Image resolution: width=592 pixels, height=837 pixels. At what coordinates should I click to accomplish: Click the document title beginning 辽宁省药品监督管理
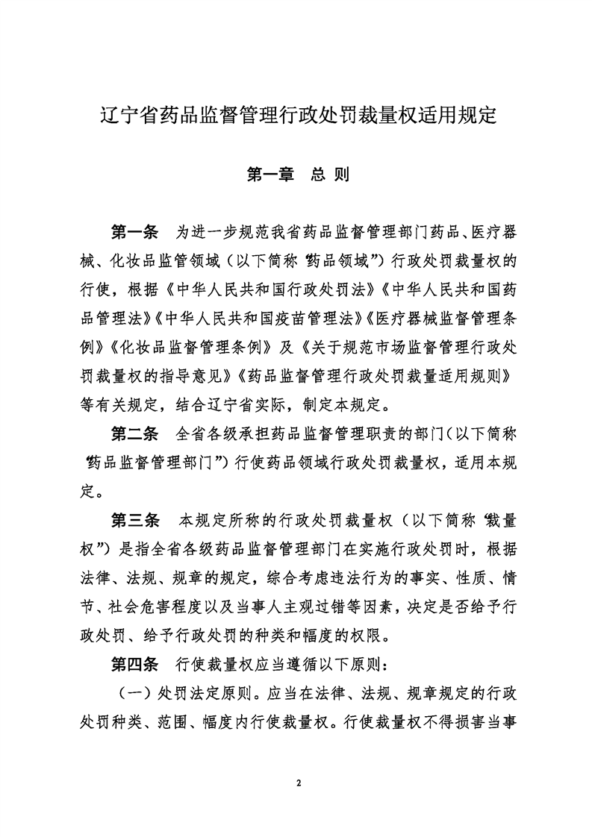(x=299, y=116)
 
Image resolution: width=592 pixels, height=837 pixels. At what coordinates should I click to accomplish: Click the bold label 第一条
(x=134, y=231)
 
